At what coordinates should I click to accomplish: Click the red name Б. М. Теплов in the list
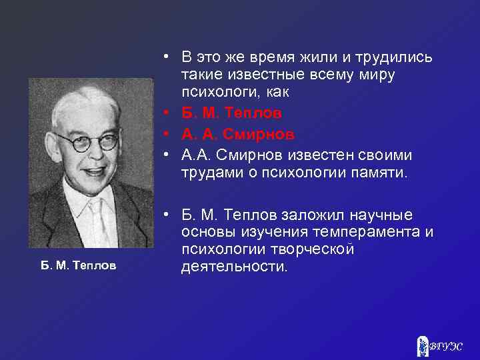click(233, 113)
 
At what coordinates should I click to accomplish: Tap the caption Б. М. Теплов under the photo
click(78, 265)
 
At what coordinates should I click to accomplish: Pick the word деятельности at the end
click(234, 267)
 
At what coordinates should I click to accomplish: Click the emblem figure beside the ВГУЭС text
click(421, 345)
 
